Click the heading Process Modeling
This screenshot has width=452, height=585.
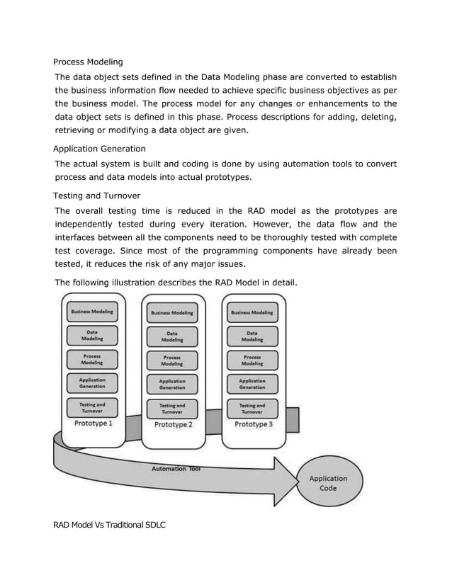pyautogui.click(x=88, y=62)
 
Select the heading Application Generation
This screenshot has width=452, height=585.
pyautogui.click(x=99, y=149)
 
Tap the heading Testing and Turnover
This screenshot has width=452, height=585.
pyautogui.click(x=96, y=195)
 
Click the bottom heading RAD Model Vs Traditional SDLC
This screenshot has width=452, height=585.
pyautogui.click(x=109, y=525)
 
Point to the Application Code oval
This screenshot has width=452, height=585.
pyautogui.click(x=328, y=483)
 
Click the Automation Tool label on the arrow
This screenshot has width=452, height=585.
pyautogui.click(x=176, y=469)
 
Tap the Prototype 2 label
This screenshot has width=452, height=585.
pyautogui.click(x=173, y=424)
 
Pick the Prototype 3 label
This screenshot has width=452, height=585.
pyautogui.click(x=253, y=424)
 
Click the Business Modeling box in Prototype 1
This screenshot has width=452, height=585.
pyautogui.click(x=92, y=312)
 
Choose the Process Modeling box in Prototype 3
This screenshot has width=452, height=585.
pyautogui.click(x=252, y=360)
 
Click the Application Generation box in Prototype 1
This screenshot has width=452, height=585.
pyautogui.click(x=92, y=383)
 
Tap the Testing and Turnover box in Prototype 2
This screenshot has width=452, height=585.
pyautogui.click(x=172, y=409)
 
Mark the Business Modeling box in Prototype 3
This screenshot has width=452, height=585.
pyautogui.click(x=252, y=312)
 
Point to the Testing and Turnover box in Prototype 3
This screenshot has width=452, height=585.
pyautogui.click(x=252, y=408)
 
